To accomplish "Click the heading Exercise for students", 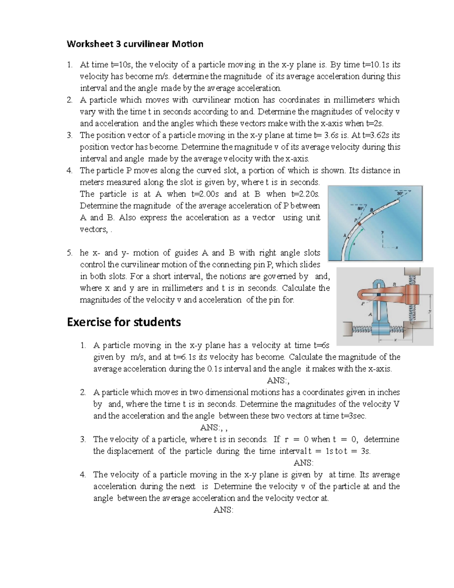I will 124,322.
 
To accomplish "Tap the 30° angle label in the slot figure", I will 399,193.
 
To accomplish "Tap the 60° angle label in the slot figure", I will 360,208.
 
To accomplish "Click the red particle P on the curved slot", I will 359,224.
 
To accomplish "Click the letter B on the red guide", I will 394,284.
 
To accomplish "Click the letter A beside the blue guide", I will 370,314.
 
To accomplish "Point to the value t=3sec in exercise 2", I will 353,416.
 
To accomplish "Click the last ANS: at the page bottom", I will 223,510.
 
